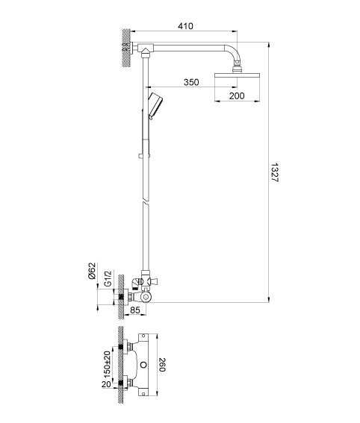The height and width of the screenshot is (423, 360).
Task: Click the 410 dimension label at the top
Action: coord(185,26)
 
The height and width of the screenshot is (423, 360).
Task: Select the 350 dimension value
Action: coord(191,82)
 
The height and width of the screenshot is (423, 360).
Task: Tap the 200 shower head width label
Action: coord(237,95)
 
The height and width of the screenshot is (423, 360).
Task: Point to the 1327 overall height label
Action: coord(274,172)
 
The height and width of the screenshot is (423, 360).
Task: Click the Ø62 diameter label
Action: coord(93,271)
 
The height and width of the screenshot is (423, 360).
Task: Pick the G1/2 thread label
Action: coord(108,279)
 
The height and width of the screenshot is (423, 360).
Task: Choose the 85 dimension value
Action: coord(135,310)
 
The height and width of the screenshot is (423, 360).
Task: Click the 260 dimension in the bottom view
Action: coord(162,365)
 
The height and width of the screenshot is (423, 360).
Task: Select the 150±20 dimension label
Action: coord(108,365)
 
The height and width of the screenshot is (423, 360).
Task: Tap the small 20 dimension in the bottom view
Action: coord(106,384)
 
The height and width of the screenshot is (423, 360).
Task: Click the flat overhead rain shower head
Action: coord(237,75)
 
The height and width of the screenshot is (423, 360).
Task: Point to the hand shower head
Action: coord(155,106)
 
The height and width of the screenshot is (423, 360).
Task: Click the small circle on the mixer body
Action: coord(144,365)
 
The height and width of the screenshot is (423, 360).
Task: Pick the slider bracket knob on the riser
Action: coord(140,156)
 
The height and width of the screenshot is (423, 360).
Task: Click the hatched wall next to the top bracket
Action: coord(126,48)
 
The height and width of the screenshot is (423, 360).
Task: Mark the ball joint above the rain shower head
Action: coord(237,68)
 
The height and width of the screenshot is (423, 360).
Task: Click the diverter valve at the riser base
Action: coord(146,281)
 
